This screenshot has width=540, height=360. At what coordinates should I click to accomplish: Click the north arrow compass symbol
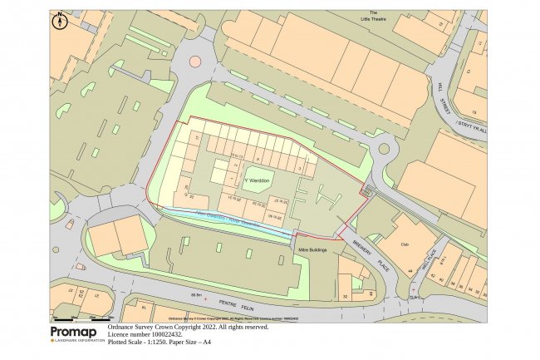[x=59, y=22]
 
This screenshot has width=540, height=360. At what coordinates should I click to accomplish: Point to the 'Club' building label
[x=405, y=244]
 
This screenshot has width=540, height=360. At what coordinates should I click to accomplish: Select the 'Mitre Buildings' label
[x=312, y=249]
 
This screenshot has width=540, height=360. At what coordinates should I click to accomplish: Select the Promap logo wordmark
[x=73, y=332]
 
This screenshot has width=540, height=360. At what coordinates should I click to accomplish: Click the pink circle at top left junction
[x=195, y=61]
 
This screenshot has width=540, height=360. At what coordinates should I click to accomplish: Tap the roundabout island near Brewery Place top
[x=383, y=150]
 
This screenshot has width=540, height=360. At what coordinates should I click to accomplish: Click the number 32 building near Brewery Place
[x=344, y=296]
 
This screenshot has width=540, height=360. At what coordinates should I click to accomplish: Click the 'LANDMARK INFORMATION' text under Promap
[x=81, y=340]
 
